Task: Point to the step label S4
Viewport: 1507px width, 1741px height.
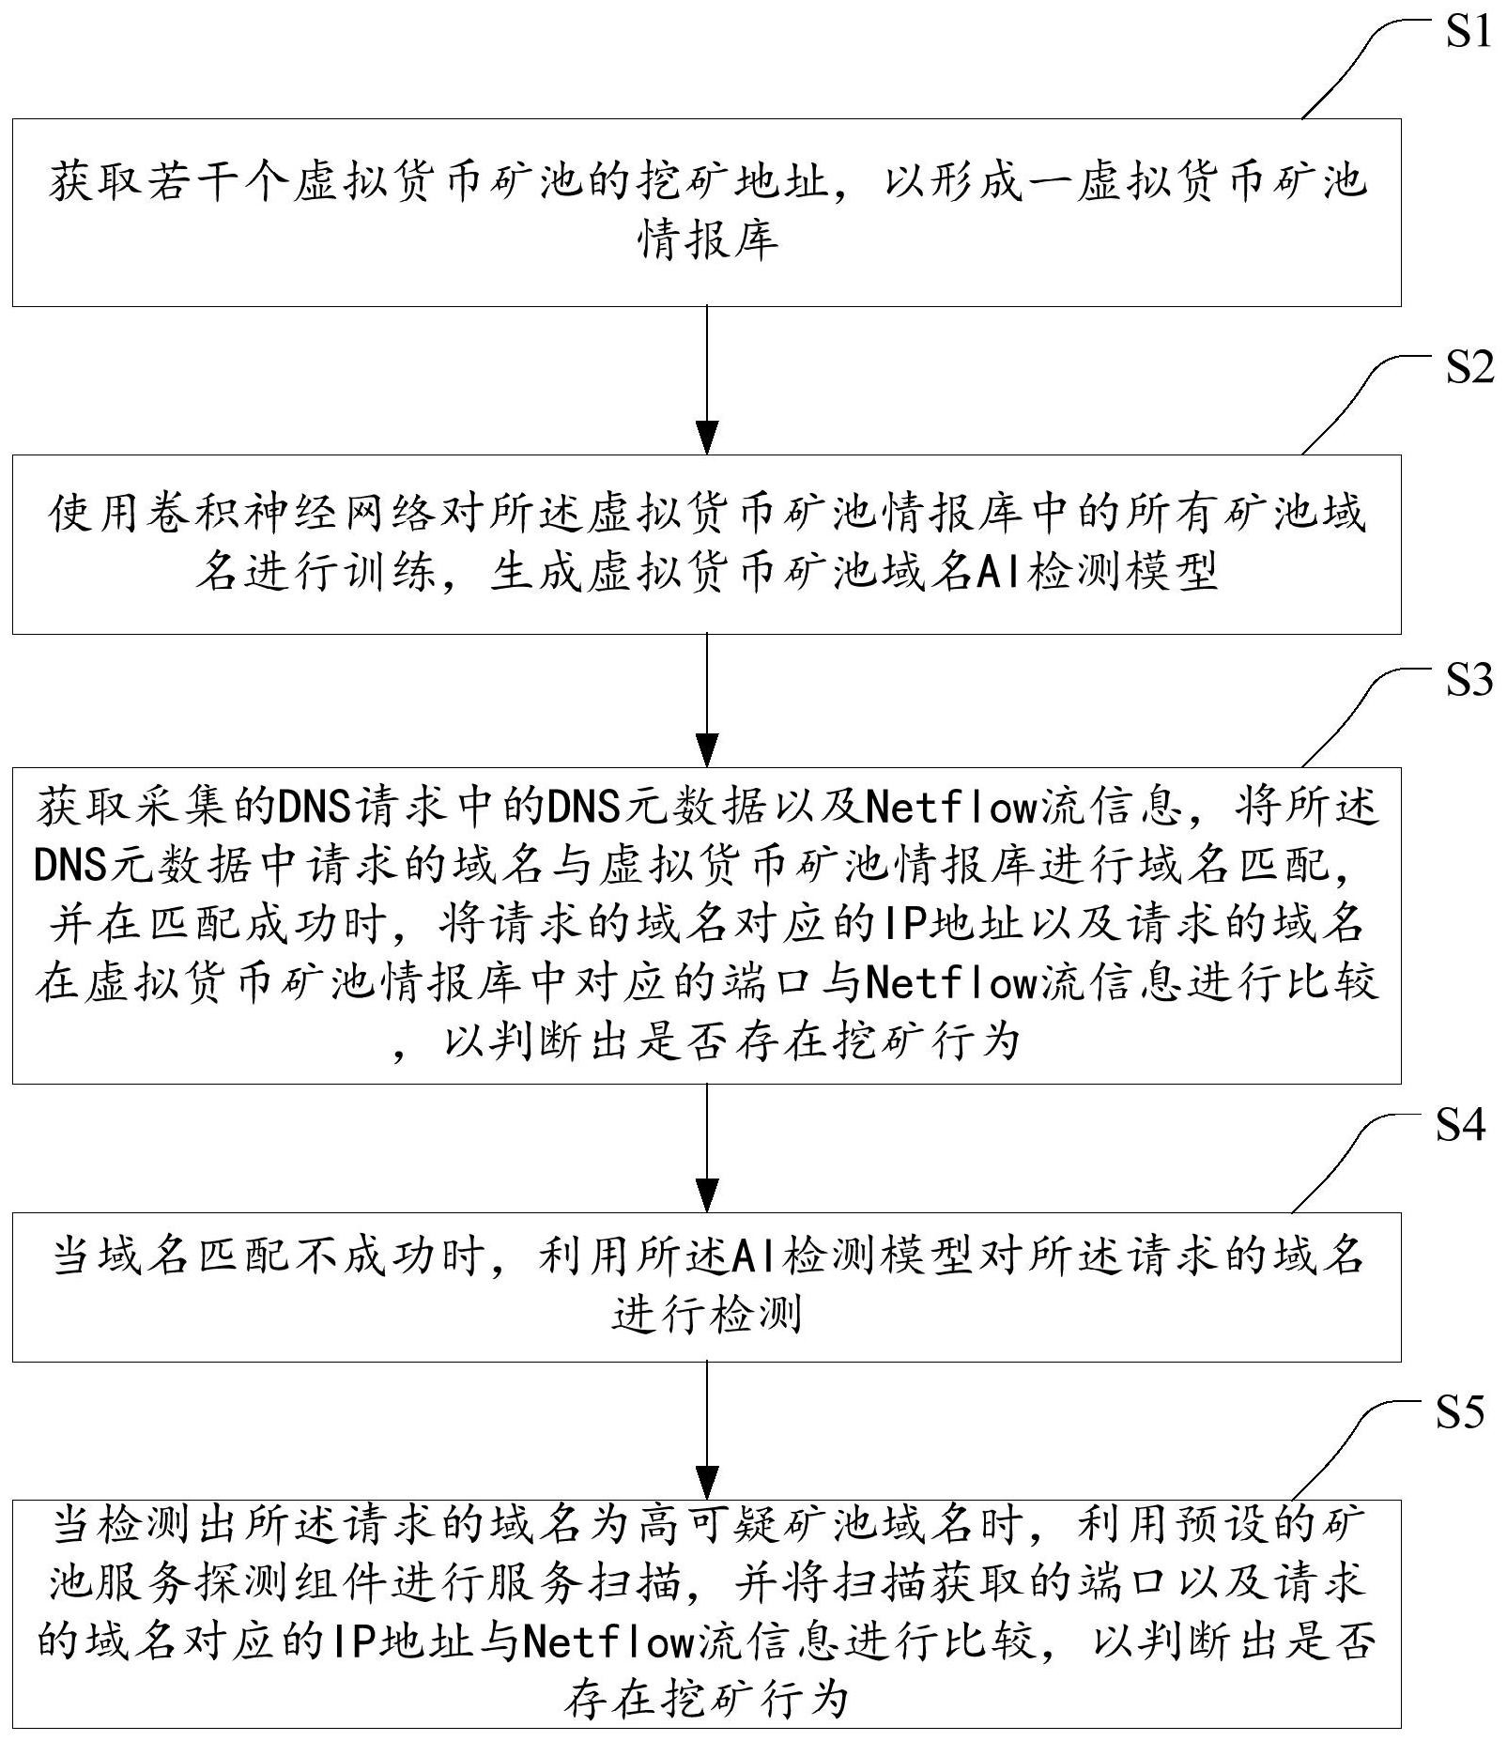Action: pyautogui.click(x=1461, y=1124)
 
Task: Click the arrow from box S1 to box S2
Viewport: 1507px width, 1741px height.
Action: pyautogui.click(x=706, y=380)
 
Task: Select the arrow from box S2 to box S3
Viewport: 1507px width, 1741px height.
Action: pyautogui.click(x=706, y=701)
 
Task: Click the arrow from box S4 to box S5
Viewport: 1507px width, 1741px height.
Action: pyautogui.click(x=706, y=1430)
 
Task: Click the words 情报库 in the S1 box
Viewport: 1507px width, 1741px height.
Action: pyautogui.click(x=708, y=240)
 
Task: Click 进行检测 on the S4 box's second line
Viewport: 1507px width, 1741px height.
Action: pyautogui.click(x=707, y=1315)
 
